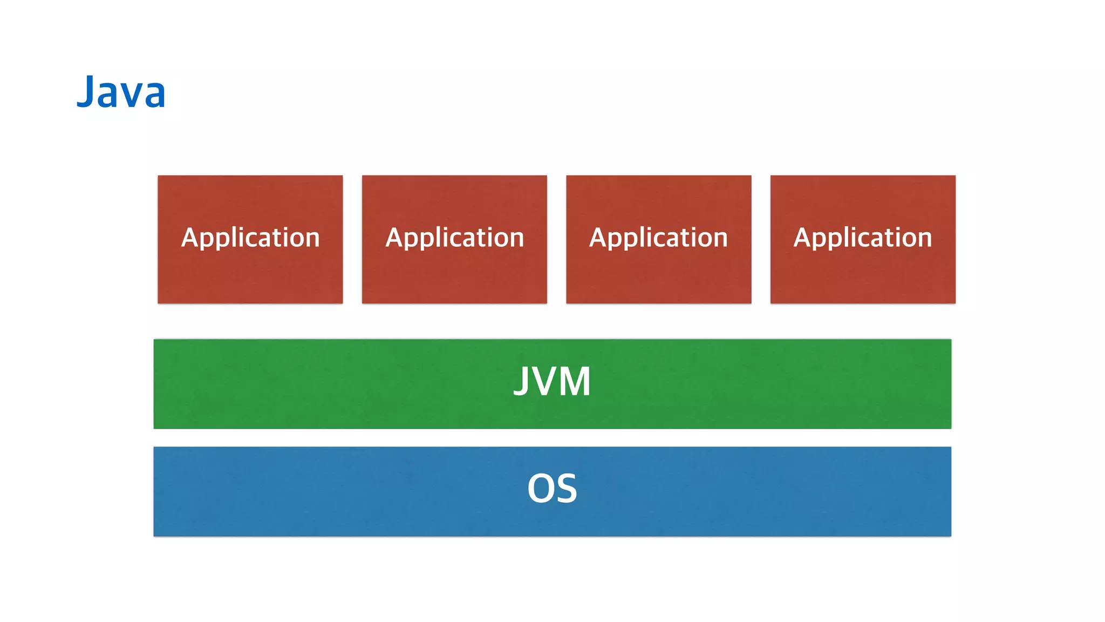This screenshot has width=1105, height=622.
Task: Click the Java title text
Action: (121, 92)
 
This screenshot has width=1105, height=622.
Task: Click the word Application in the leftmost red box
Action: (250, 238)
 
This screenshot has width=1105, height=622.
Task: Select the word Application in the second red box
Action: (454, 238)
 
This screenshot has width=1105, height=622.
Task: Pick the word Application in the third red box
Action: (658, 238)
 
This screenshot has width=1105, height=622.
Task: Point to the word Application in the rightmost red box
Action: (862, 238)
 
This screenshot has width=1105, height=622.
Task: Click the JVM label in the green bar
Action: (552, 382)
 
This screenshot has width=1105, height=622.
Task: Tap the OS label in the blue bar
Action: (552, 489)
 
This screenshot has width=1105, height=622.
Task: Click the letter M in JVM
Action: (575, 382)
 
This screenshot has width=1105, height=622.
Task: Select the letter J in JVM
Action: (521, 382)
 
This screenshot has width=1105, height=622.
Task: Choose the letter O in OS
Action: (540, 489)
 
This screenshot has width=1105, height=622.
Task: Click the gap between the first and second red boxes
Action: (352, 239)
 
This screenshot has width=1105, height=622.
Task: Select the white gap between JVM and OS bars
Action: (552, 438)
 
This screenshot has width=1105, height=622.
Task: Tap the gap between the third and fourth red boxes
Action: (761, 239)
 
